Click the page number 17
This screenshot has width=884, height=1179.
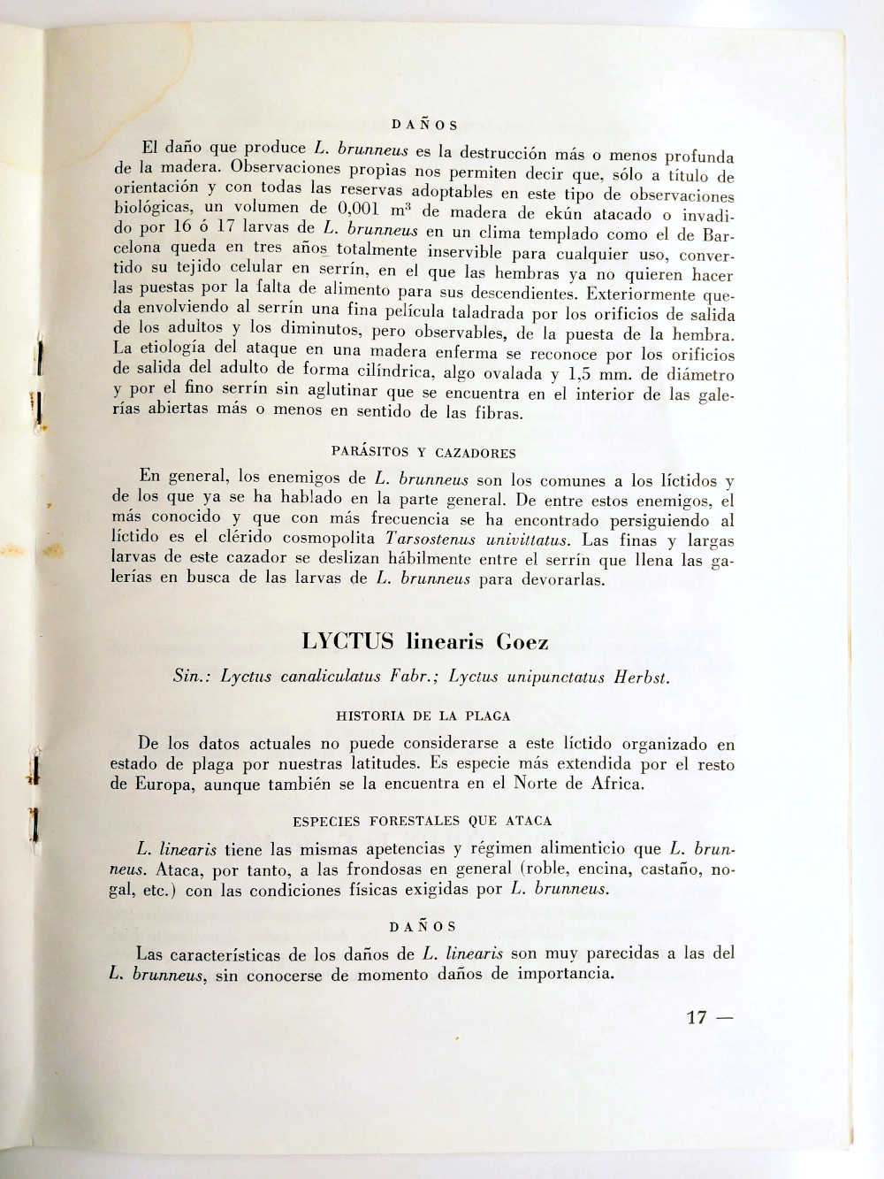(x=696, y=1017)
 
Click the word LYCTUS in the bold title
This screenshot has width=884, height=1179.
(x=347, y=641)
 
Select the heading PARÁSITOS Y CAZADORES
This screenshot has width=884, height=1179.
(x=423, y=453)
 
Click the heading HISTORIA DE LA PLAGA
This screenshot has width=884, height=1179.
(x=423, y=716)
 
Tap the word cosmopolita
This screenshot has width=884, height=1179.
(x=333, y=539)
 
